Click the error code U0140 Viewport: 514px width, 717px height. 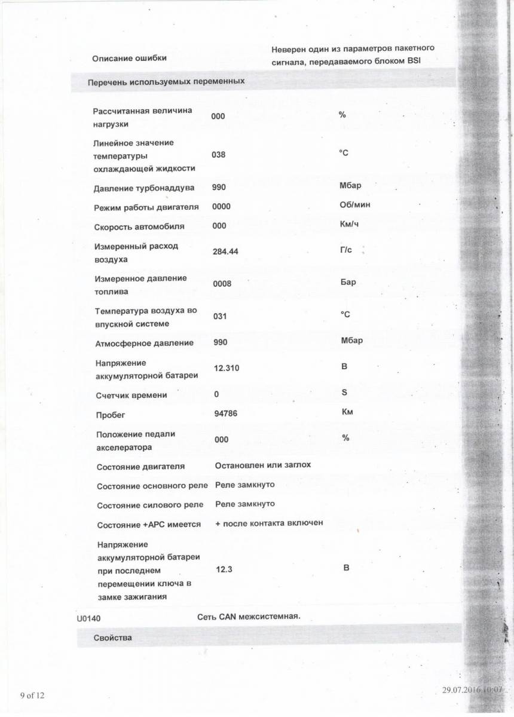point(88,619)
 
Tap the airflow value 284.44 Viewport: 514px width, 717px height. point(225,252)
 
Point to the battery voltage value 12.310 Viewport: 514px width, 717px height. point(227,368)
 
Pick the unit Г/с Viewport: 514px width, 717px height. point(346,249)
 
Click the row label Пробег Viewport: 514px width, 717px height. point(111,415)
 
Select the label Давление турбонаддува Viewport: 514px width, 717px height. point(144,188)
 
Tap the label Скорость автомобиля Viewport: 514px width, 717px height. point(139,227)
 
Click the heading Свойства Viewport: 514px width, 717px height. point(113,638)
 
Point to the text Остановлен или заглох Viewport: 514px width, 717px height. point(263,464)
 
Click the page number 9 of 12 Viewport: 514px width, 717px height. point(32,695)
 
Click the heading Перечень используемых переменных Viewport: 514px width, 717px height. point(166,81)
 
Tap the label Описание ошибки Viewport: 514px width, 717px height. point(129,58)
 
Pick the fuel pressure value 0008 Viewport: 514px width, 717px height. point(222,284)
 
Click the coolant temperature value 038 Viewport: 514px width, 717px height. point(219,155)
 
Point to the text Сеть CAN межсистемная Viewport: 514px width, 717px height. point(249,616)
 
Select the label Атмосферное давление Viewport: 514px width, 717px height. point(145,344)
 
